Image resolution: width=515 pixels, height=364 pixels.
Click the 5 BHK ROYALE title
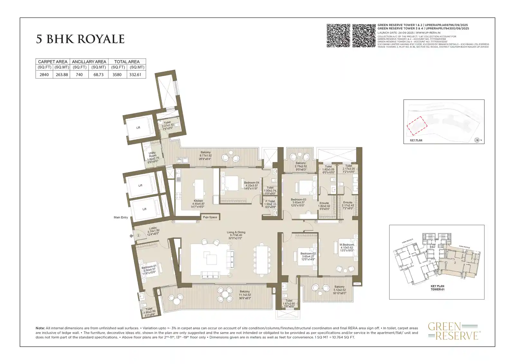pyautogui.click(x=80, y=39)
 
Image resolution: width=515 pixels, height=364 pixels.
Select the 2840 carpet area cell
pyautogui.click(x=44, y=75)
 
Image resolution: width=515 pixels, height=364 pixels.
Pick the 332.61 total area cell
pyautogui.click(x=136, y=75)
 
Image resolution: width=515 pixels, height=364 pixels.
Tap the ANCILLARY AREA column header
pyautogui.click(x=89, y=61)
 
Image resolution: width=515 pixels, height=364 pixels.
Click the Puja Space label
pyautogui.click(x=210, y=217)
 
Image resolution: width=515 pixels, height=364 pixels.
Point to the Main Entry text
pyautogui.click(x=121, y=218)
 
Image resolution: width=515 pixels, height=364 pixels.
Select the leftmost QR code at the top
pyautogui.click(x=338, y=35)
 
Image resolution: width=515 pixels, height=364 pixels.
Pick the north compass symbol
pyautogui.click(x=477, y=140)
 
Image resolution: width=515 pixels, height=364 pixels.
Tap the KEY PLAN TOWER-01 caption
pyautogui.click(x=437, y=288)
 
